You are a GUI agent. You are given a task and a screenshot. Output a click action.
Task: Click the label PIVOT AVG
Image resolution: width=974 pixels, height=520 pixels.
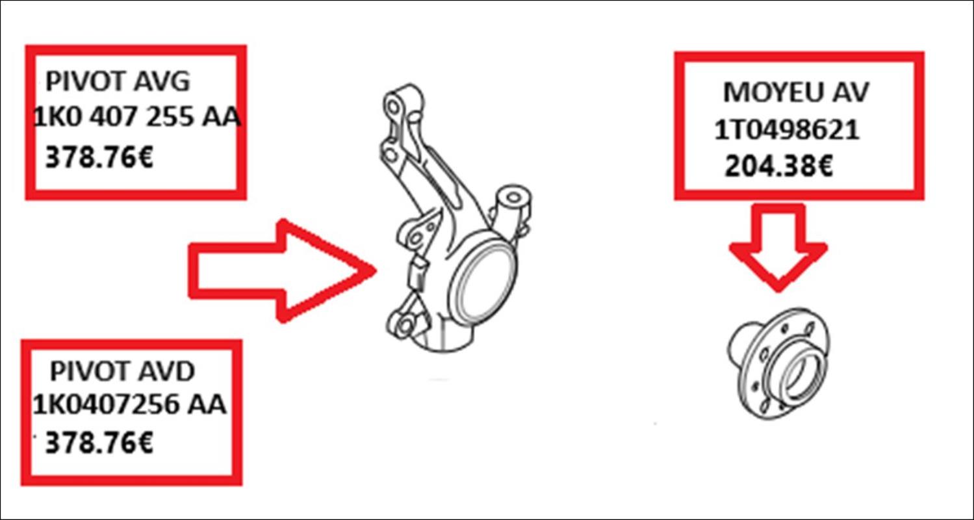pos(118,81)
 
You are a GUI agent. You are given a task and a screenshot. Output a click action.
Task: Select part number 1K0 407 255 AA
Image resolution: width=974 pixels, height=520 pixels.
pos(136,116)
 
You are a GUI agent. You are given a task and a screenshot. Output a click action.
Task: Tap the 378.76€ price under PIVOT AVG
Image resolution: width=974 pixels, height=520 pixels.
pos(99,157)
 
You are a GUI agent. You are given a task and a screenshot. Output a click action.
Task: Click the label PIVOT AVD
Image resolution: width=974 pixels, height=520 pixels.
pos(122,371)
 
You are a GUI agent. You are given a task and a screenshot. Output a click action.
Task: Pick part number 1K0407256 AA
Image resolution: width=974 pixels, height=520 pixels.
pos(129,404)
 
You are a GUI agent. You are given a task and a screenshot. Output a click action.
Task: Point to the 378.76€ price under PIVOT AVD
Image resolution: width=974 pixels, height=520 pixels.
pos(99,443)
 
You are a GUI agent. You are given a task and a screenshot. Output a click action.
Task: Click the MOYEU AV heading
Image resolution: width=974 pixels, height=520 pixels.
pos(796,92)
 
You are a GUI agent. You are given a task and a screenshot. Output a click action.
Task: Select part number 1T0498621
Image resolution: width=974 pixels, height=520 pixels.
pos(787,129)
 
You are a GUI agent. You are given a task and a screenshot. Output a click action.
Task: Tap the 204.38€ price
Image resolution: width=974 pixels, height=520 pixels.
pos(779,166)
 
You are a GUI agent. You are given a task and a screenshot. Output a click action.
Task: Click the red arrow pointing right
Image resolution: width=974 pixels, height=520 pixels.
pos(282,271)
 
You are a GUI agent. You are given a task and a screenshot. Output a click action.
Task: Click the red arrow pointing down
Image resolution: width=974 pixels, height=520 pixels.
pos(778,247)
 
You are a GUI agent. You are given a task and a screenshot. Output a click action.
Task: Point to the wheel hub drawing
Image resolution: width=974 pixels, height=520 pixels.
pos(778,364)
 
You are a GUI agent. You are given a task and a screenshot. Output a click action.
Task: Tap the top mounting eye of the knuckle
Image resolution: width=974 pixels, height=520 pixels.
pos(394,105)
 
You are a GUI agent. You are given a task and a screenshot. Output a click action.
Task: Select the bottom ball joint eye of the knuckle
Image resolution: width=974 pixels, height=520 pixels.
pos(404,326)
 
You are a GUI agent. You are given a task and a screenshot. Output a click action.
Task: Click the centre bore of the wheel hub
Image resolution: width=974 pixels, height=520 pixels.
pos(799,374)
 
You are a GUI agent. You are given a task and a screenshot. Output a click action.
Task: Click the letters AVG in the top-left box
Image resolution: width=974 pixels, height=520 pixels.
pos(162,81)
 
